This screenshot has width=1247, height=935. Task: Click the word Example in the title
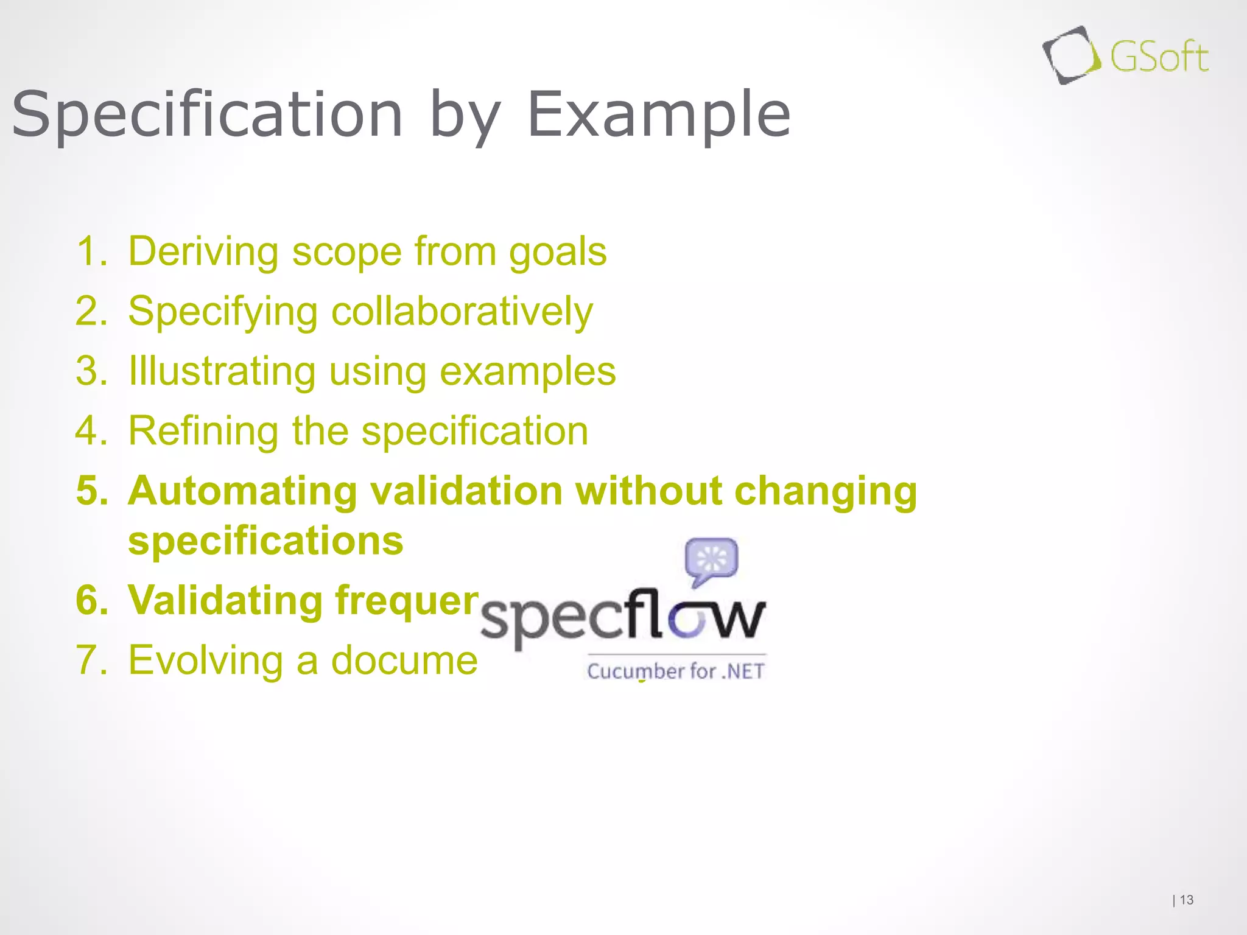point(658,114)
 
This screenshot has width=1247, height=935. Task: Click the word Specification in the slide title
point(207,114)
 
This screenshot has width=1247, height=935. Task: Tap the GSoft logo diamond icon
point(1070,55)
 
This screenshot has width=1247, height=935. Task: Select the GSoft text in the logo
point(1159,58)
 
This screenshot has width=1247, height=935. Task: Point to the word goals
point(558,252)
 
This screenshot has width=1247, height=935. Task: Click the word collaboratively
point(462,312)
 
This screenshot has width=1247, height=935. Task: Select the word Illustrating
point(222,371)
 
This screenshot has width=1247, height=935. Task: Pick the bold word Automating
point(242,491)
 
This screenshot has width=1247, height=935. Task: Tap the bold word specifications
point(265,541)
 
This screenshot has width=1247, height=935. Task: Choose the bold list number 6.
point(91,600)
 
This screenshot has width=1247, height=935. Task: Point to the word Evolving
point(206,660)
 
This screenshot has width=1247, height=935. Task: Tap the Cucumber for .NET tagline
point(675,671)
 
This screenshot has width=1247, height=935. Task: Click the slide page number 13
point(1187,900)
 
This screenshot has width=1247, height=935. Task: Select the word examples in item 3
point(527,371)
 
